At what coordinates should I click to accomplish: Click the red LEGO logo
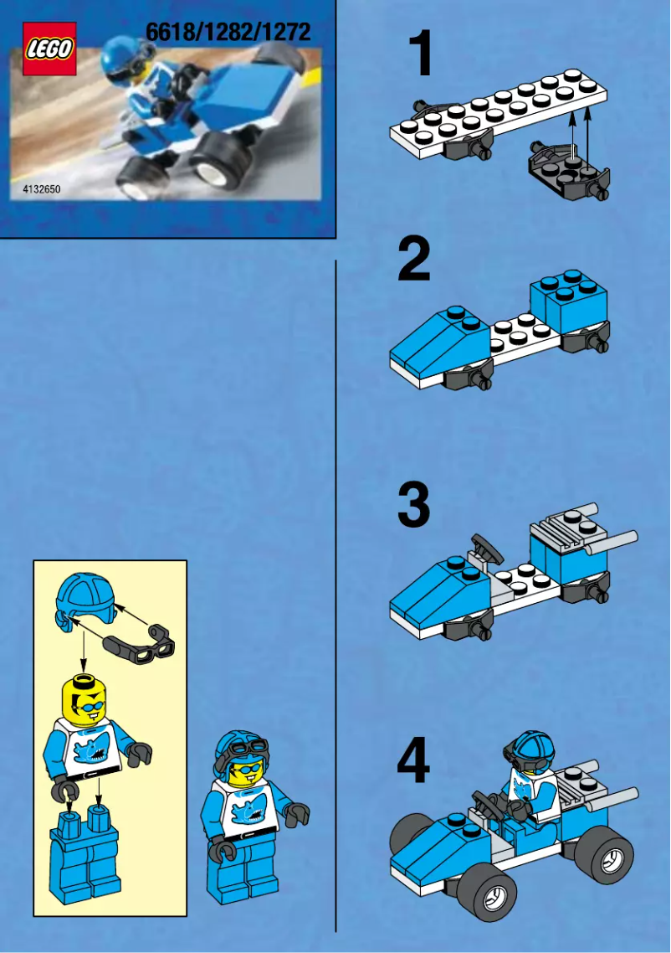49,49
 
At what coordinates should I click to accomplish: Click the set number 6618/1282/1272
228,33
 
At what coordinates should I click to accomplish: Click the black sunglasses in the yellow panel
141,641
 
